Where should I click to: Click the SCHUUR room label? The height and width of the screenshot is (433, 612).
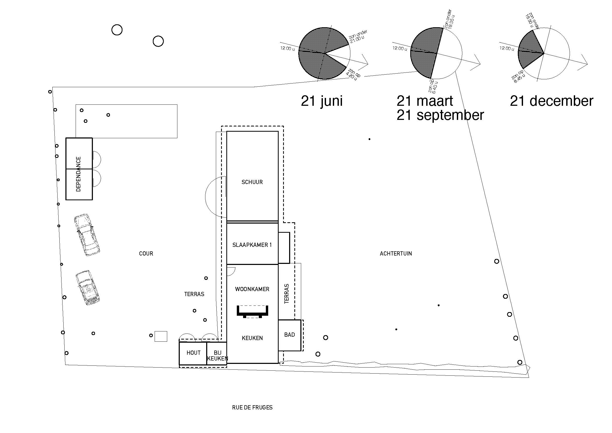click(252, 182)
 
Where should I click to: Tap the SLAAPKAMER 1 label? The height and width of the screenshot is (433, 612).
click(252, 245)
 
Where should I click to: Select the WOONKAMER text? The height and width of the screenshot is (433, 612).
click(252, 289)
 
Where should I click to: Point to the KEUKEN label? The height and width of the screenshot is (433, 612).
click(252, 338)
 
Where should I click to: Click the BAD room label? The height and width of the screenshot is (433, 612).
click(289, 335)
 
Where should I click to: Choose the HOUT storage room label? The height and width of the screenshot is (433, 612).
click(194, 353)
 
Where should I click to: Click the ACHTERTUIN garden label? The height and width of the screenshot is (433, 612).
click(396, 254)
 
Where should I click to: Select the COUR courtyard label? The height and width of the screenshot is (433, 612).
click(146, 254)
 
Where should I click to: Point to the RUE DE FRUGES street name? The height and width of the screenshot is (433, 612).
click(252, 407)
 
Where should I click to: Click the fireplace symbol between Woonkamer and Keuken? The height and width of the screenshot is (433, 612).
click(252, 312)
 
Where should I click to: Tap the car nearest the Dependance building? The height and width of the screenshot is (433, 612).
click(87, 235)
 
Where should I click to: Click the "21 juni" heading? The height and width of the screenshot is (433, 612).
click(322, 101)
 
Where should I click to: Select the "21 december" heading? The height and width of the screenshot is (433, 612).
click(552, 101)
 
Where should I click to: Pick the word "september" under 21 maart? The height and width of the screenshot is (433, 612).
click(450, 115)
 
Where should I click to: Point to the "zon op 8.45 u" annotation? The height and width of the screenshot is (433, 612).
click(518, 76)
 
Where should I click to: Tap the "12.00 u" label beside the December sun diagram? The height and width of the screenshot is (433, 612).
click(507, 48)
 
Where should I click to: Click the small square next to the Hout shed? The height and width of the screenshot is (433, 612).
click(161, 336)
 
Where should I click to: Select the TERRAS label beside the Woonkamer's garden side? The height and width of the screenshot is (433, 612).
click(287, 294)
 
